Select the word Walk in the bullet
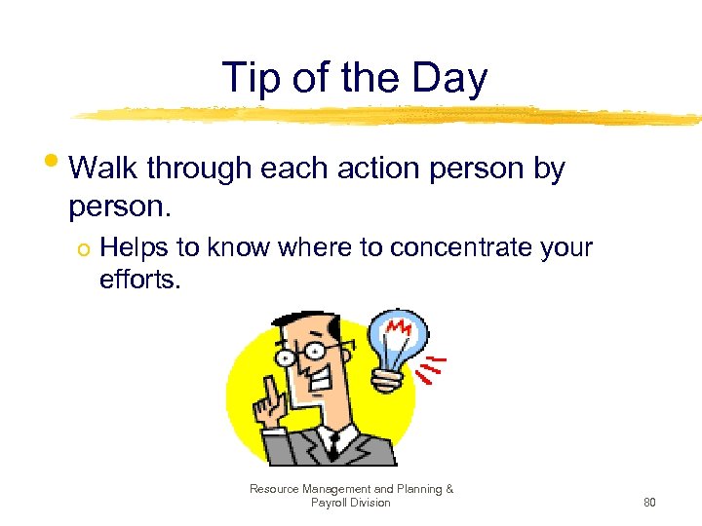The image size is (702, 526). (103, 169)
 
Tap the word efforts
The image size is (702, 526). (140, 280)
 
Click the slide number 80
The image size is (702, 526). (649, 503)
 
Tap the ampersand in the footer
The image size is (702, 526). (449, 489)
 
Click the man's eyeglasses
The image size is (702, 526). (310, 353)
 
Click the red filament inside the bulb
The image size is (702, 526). (398, 329)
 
